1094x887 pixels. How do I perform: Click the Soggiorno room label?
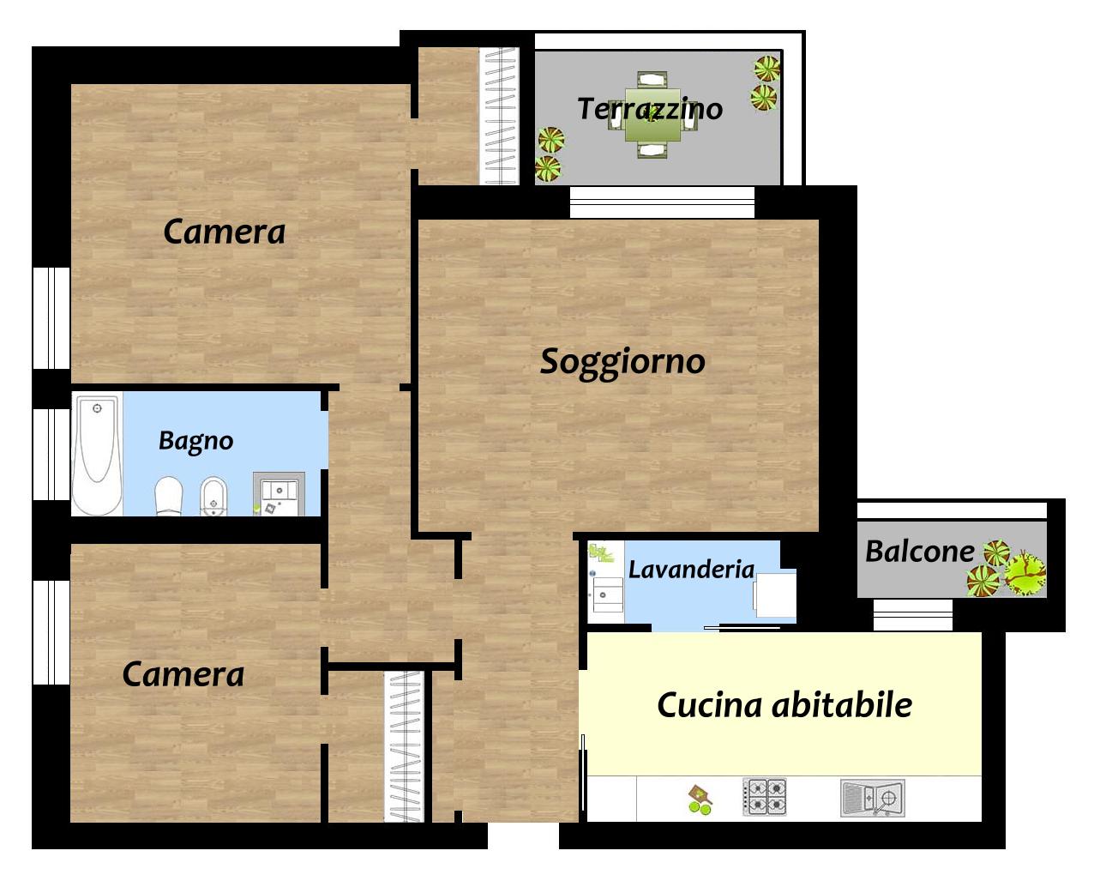[622, 362]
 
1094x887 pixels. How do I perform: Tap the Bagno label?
[195, 442]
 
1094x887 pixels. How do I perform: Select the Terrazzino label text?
[650, 108]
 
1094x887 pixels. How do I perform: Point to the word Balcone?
[919, 551]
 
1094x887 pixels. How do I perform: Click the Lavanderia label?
[691, 570]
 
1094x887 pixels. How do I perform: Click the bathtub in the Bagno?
[97, 456]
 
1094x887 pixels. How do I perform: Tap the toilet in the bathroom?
[169, 496]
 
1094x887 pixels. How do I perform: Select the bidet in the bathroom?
[213, 497]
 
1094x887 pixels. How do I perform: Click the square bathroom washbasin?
[279, 494]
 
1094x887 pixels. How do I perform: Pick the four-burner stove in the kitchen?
[765, 797]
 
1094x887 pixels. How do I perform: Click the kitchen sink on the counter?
[873, 798]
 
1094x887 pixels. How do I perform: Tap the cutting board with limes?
[700, 800]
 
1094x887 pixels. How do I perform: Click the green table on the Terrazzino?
[652, 115]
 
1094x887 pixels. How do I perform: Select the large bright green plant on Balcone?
[1025, 573]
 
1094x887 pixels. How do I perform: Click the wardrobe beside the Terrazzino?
[500, 116]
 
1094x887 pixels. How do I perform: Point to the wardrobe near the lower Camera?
[405, 746]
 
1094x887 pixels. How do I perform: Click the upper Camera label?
[225, 232]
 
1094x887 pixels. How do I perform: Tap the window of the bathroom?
[51, 455]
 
